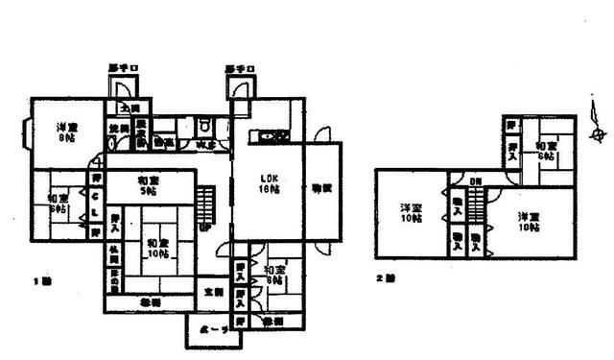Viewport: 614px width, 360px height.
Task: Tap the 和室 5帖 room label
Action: [148, 185]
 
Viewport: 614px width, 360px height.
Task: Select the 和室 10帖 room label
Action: [156, 248]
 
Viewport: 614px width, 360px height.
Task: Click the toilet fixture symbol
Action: [202, 126]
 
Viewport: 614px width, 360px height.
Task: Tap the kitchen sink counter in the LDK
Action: [268, 137]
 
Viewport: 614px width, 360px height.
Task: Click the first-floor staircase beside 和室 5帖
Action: [206, 204]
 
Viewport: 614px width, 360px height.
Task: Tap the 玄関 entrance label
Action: [213, 291]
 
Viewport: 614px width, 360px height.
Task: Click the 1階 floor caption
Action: [39, 281]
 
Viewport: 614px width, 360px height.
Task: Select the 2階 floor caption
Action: [386, 279]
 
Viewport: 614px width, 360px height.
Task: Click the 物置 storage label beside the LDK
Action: [320, 188]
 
